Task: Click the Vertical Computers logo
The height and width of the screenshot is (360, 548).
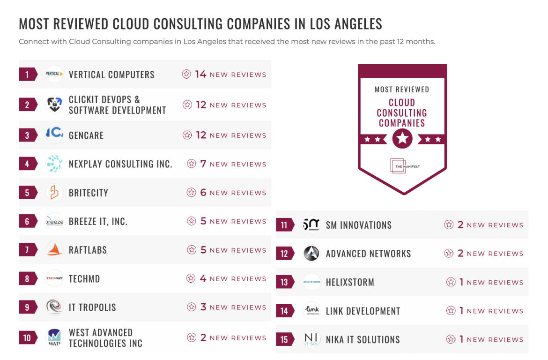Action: (54, 74)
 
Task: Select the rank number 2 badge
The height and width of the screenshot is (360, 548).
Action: (27, 105)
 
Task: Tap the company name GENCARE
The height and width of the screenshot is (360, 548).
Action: (86, 135)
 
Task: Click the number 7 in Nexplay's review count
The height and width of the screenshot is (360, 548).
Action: (203, 164)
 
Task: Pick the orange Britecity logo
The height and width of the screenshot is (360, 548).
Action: (54, 193)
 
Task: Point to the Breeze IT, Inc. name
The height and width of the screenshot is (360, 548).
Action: (98, 221)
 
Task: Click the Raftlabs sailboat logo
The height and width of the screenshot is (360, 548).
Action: (54, 250)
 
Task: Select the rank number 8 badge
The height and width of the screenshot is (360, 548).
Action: (27, 279)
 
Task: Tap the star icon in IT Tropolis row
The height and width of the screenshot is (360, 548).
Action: (192, 307)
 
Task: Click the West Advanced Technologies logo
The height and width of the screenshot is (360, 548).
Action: (54, 337)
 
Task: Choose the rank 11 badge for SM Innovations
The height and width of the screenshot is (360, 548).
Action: (284, 225)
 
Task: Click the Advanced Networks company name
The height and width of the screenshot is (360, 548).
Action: (368, 254)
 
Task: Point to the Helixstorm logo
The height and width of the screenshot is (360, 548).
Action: (311, 282)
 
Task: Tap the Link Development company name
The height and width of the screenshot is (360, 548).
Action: (363, 311)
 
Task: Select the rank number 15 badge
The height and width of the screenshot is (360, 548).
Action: (284, 339)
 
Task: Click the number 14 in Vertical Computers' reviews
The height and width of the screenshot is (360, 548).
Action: (200, 74)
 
